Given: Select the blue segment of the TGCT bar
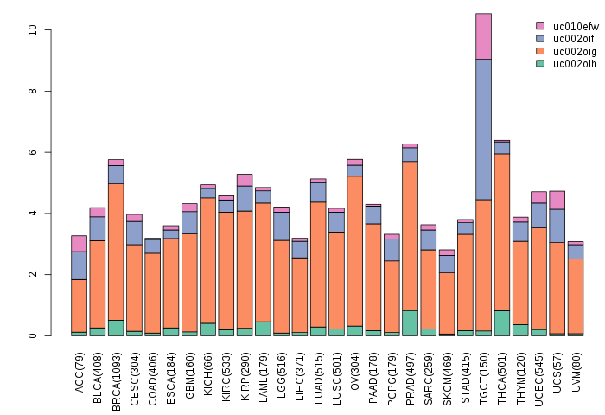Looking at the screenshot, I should (x=483, y=130).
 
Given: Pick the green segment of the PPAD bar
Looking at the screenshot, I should (x=410, y=322).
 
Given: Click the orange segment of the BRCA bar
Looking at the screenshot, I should (x=116, y=252).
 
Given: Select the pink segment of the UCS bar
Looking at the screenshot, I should (x=557, y=200).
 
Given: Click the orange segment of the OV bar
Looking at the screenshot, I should (x=354, y=251).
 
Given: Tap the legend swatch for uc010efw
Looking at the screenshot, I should (x=540, y=27).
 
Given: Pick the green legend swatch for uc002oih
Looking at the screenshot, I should (x=540, y=63).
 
